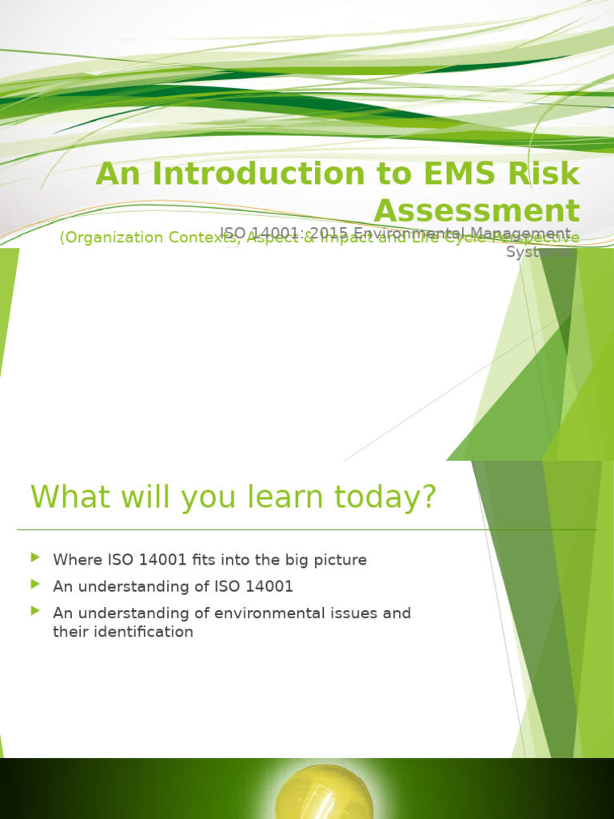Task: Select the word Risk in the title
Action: pyautogui.click(x=544, y=174)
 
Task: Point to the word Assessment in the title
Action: pyautogui.click(x=476, y=211)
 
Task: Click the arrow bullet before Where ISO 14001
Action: pyautogui.click(x=34, y=557)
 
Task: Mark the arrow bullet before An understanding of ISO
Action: pyautogui.click(x=34, y=584)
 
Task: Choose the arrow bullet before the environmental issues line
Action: pyautogui.click(x=34, y=610)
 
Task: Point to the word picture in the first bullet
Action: pyautogui.click(x=339, y=560)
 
